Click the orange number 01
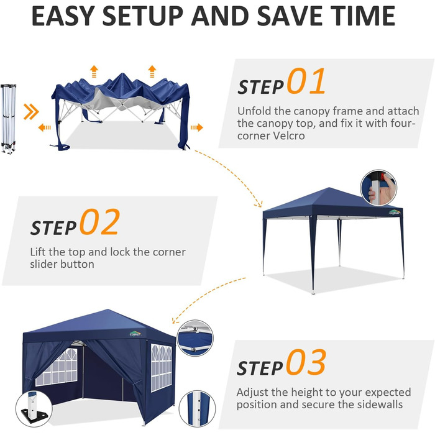pyautogui.click(x=306, y=81)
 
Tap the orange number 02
pyautogui.click(x=100, y=222)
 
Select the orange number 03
pyautogui.click(x=306, y=362)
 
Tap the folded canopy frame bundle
pyautogui.click(x=8, y=119)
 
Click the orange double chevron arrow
pyautogui.click(x=31, y=111)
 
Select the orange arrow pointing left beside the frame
pyautogui.click(x=44, y=127)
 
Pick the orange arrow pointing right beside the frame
pyautogui.click(x=197, y=127)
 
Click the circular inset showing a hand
pyautogui.click(x=378, y=188)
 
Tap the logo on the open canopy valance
pyautogui.click(x=394, y=213)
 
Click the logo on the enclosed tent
pyautogui.click(x=135, y=334)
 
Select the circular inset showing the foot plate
pyautogui.click(x=34, y=408)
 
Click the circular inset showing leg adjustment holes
pyautogui.click(x=197, y=409)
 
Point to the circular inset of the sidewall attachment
pyautogui.click(x=195, y=338)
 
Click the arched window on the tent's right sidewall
pyautogui.click(x=161, y=367)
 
